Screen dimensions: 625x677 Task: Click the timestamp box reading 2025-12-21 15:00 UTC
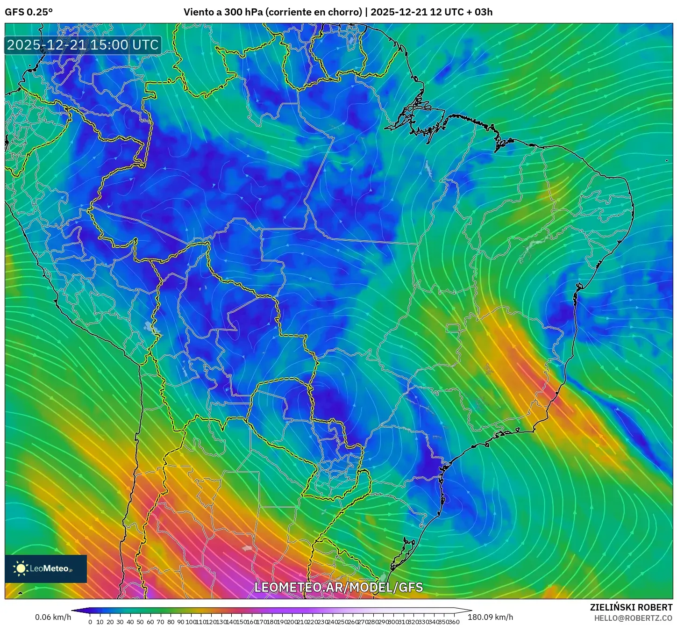(x=83, y=45)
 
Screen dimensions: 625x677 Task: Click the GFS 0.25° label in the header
(x=29, y=12)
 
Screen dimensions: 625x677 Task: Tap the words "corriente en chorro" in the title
(x=313, y=12)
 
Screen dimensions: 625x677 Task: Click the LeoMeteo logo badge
(x=46, y=569)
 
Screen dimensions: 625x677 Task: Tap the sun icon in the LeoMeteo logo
(x=21, y=568)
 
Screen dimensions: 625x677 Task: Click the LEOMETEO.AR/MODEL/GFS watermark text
(x=338, y=588)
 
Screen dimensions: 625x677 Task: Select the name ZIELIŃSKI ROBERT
(x=631, y=607)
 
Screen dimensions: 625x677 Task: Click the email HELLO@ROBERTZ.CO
(x=633, y=618)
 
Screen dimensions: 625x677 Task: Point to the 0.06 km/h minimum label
(x=53, y=617)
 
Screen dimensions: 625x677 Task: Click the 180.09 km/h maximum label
(x=491, y=617)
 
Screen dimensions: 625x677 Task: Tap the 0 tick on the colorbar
(x=90, y=622)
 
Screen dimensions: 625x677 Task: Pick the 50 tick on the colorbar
(x=140, y=622)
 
